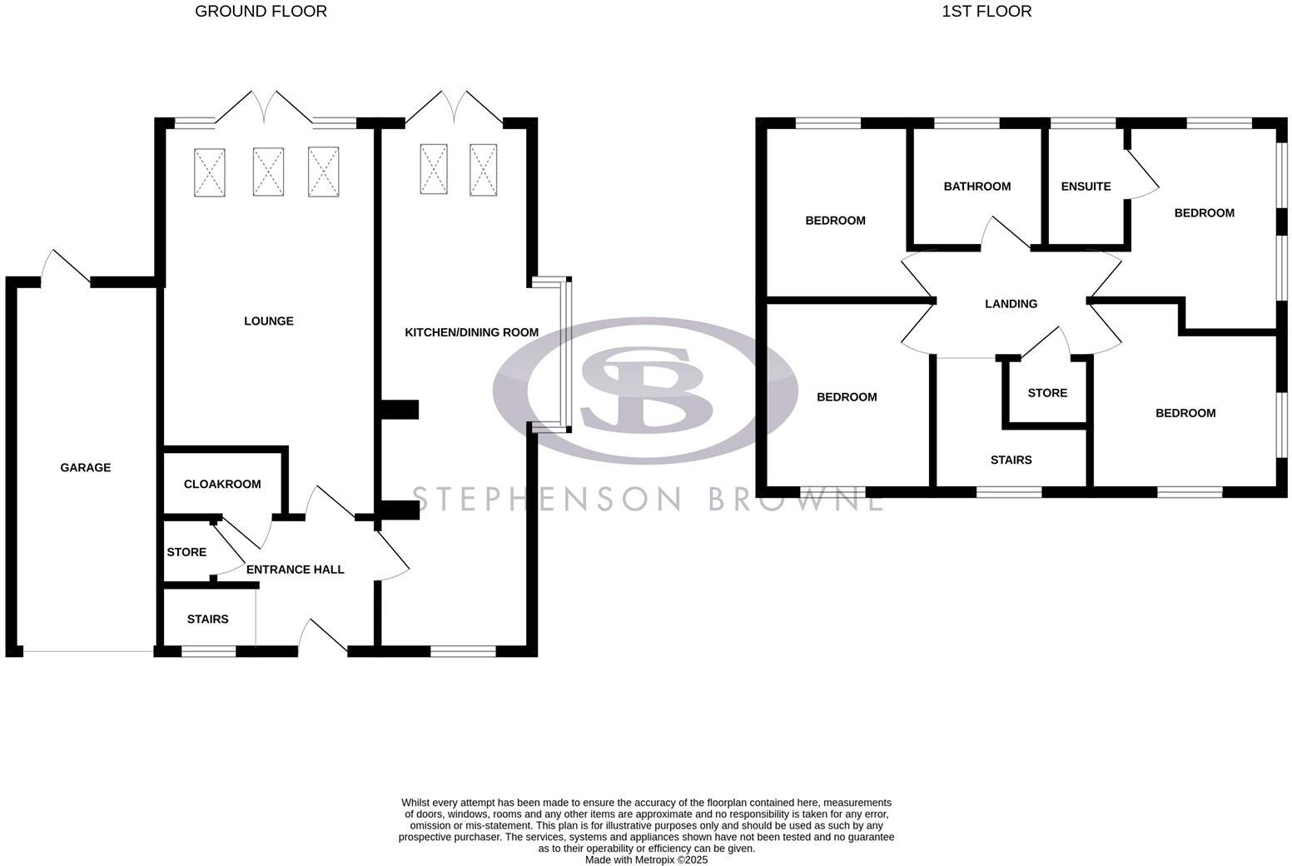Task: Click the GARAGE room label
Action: pyautogui.click(x=85, y=468)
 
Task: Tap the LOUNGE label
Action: pyautogui.click(x=268, y=321)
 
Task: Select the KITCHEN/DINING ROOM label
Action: pyautogui.click(x=471, y=333)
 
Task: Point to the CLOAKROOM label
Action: pyautogui.click(x=222, y=485)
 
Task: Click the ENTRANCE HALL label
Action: pyautogui.click(x=296, y=570)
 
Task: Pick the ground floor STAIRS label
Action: pyautogui.click(x=207, y=620)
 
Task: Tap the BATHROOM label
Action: pyautogui.click(x=976, y=187)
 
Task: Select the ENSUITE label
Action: pyautogui.click(x=1086, y=187)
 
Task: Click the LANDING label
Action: pyautogui.click(x=1011, y=304)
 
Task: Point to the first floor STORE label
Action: pyautogui.click(x=1046, y=393)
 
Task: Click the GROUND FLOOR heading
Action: pyautogui.click(x=261, y=12)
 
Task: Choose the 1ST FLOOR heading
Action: pyautogui.click(x=986, y=12)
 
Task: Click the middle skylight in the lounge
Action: pyautogui.click(x=268, y=172)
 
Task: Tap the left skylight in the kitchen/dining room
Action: pyautogui.click(x=434, y=169)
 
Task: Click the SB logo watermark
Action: pyautogui.click(x=646, y=390)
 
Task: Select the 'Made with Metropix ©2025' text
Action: pyautogui.click(x=646, y=860)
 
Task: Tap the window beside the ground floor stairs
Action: pyautogui.click(x=208, y=651)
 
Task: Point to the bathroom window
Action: pyautogui.click(x=967, y=124)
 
